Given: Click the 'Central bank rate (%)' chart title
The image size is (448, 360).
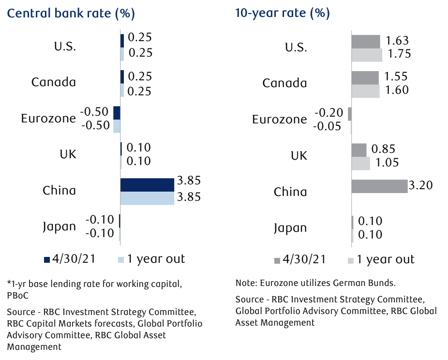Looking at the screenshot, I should click(x=71, y=13).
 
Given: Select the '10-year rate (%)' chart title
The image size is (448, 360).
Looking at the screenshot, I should click(x=283, y=13).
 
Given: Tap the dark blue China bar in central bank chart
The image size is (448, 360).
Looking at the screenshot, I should click(x=147, y=185).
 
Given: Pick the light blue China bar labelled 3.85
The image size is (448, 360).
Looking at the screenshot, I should click(x=147, y=198).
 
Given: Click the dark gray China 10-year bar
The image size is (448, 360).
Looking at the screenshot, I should click(x=379, y=186).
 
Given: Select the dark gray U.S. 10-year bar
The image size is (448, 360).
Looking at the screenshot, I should click(x=366, y=42).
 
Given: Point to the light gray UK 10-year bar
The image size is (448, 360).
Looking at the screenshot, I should click(x=360, y=163).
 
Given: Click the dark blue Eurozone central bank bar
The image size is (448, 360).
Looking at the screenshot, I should click(x=117, y=113).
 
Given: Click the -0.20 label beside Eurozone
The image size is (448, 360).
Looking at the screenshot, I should click(x=329, y=113).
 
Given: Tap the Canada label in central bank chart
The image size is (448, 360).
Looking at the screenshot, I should click(x=54, y=82).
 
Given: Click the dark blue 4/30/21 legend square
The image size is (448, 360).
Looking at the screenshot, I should click(x=47, y=259).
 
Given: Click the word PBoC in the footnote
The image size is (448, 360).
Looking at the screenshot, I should click(x=18, y=293).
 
